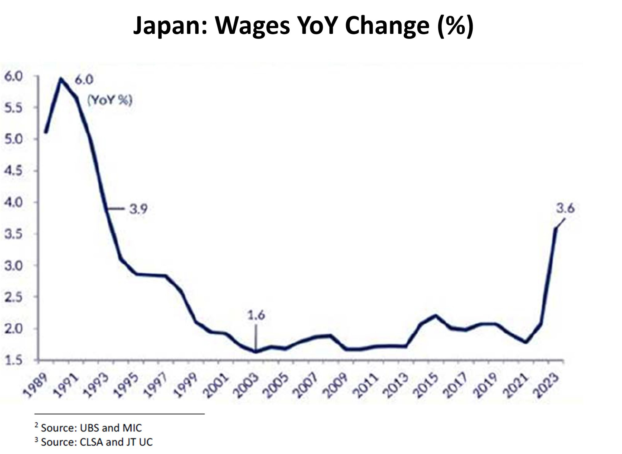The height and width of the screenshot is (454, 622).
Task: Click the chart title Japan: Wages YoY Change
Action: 303,25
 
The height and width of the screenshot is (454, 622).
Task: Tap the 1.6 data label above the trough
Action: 257,316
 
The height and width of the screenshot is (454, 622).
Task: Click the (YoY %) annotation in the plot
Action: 110,100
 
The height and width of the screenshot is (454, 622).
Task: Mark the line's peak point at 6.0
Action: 61,79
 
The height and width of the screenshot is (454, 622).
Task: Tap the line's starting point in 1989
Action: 46,132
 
